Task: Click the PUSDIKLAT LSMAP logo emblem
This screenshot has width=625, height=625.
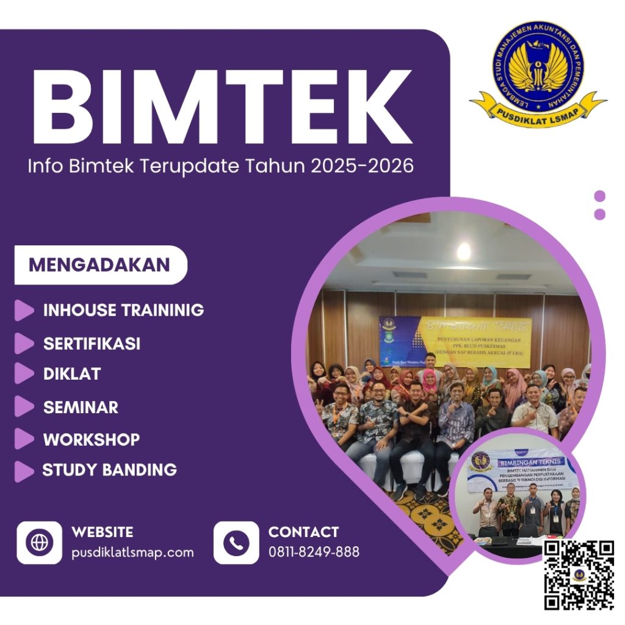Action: click(537, 70)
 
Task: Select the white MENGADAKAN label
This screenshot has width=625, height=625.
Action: click(99, 265)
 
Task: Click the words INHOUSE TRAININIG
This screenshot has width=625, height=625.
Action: click(123, 310)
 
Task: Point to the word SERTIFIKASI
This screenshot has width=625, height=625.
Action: click(92, 344)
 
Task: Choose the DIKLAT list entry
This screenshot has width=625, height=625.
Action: click(71, 374)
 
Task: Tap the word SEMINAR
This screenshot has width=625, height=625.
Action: click(81, 407)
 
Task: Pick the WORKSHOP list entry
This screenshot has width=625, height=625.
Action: click(91, 439)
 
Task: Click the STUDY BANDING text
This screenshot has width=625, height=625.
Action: click(109, 470)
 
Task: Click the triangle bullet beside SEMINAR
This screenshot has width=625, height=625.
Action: click(24, 406)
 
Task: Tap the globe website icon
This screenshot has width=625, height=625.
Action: click(39, 543)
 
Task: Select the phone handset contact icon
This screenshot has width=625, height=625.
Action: click(236, 543)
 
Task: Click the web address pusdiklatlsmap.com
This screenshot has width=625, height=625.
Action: click(132, 552)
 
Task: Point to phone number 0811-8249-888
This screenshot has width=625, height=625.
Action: click(314, 552)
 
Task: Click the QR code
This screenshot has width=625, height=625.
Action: click(579, 575)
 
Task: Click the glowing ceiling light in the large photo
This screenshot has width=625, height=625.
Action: click(464, 251)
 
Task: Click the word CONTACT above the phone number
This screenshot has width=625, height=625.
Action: click(303, 532)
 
